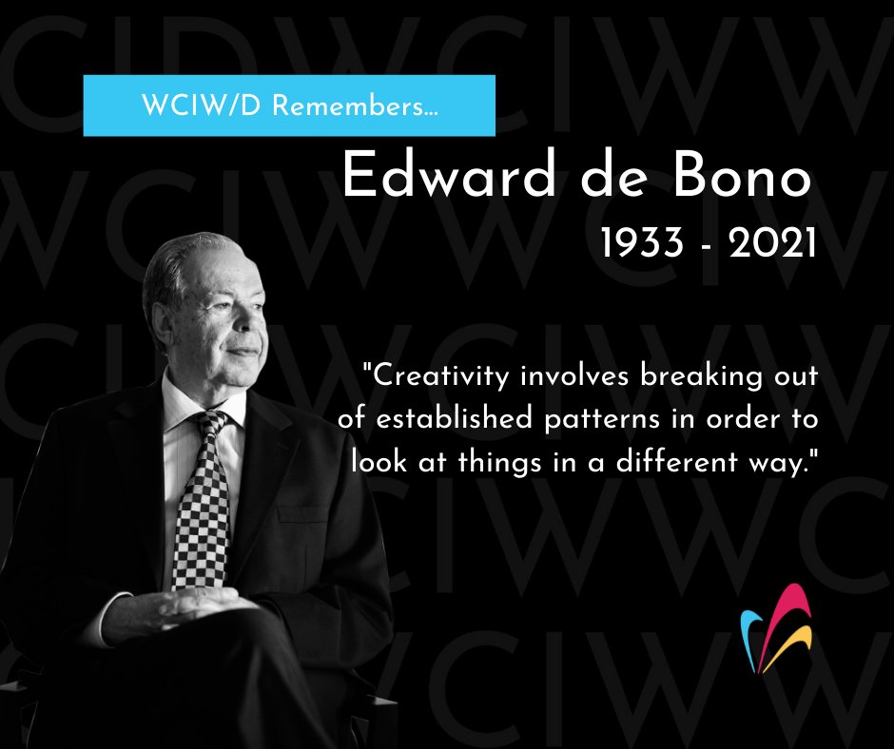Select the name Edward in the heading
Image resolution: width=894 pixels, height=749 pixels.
(449, 175)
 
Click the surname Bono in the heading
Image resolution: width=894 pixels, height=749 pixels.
(742, 176)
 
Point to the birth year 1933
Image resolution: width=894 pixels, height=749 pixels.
(642, 242)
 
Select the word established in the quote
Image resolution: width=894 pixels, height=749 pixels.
(454, 419)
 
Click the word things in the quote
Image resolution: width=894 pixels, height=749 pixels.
(499, 462)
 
